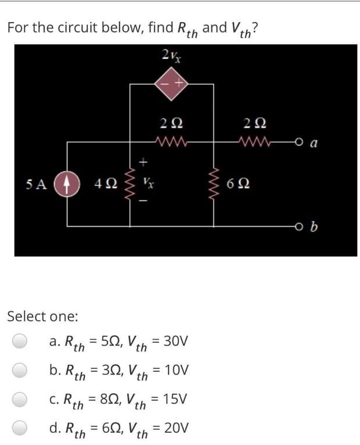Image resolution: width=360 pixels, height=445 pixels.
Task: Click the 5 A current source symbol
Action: click(67, 184)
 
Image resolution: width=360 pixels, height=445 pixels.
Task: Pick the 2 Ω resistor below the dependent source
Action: click(171, 141)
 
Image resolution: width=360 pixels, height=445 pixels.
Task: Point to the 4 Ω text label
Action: click(105, 185)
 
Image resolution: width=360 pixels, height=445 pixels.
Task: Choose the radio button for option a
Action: click(20, 341)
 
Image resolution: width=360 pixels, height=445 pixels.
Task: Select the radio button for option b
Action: click(20, 370)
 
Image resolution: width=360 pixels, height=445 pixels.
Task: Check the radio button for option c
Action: click(20, 399)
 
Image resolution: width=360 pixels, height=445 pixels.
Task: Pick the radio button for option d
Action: click(20, 428)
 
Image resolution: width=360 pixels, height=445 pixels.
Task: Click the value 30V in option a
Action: click(174, 340)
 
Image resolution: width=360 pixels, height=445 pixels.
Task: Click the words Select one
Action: click(42, 316)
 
